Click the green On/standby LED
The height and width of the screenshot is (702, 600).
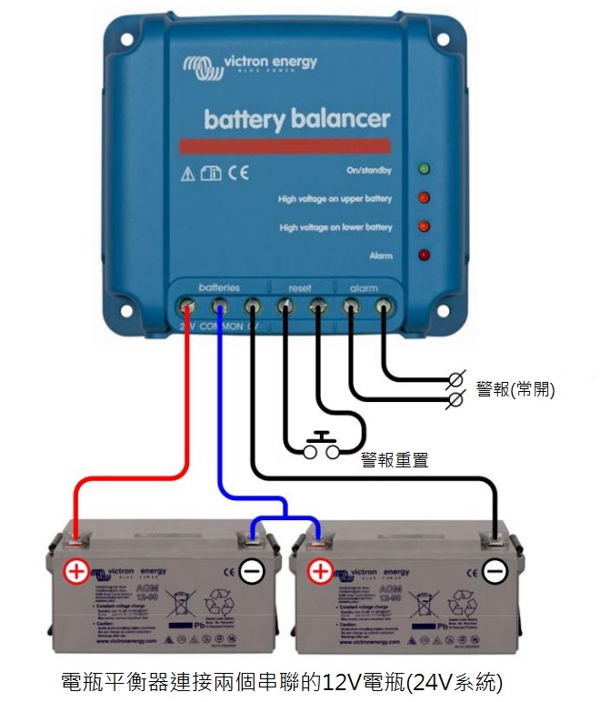(x=424, y=169)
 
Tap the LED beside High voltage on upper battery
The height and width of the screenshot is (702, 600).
(x=424, y=197)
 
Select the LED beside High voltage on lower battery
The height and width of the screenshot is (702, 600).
(x=424, y=226)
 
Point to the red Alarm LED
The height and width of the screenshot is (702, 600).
(x=424, y=255)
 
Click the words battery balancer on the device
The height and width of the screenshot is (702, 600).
(x=296, y=119)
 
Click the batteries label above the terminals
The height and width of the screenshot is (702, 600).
(x=219, y=287)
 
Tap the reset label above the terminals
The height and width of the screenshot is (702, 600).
(x=299, y=287)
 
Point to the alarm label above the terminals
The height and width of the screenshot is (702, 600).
(x=364, y=287)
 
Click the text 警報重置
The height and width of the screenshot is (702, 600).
(x=394, y=459)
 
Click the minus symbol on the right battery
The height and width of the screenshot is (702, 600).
(x=495, y=572)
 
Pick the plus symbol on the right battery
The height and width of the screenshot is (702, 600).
(x=320, y=572)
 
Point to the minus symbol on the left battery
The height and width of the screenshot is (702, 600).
(x=252, y=572)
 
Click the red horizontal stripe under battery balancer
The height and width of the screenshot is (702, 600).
(x=285, y=145)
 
